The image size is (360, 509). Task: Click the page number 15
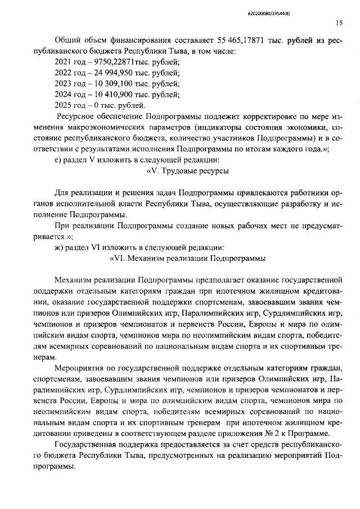pyautogui.click(x=339, y=23)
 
